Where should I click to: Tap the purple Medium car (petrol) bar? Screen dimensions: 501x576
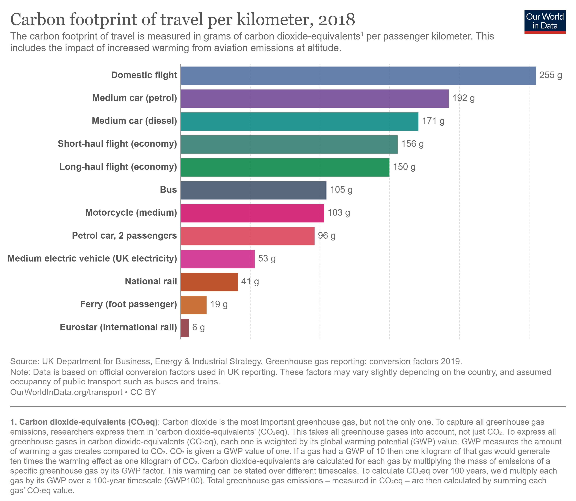coord(314,98)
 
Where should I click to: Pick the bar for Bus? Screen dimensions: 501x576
coord(253,190)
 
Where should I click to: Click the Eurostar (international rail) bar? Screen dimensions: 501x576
coord(185,328)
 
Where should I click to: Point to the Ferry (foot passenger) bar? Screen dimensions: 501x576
coord(193,305)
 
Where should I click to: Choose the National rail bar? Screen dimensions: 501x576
coord(209,282)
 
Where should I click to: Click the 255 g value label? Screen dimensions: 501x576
coord(550,75)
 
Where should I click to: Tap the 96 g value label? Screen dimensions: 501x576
coord(326,236)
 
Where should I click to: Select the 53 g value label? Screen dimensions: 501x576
coord(267,259)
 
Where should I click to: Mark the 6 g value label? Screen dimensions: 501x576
coord(198,327)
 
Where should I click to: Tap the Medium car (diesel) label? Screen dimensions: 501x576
coord(134,121)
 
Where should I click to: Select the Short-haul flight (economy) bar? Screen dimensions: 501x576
coord(289,144)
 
